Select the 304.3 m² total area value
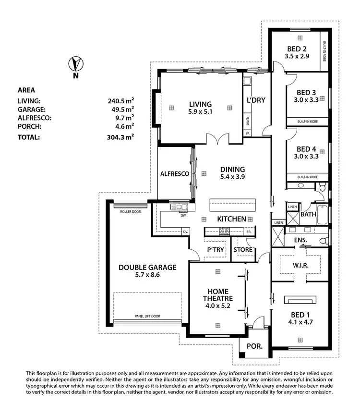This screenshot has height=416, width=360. point(120,137)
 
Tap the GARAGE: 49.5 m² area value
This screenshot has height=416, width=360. point(120,110)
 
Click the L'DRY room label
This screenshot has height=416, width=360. point(256,100)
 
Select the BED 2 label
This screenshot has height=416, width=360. point(297,49)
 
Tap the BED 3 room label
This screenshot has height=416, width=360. point(306,92)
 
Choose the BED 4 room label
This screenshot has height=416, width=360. point(306,149)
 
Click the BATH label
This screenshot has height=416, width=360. point(308,214)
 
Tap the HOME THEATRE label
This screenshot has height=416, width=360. point(220,295)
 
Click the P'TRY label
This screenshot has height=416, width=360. point(216,250)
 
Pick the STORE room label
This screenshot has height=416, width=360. point(242,250)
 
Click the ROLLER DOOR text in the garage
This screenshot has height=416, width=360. point(130,211)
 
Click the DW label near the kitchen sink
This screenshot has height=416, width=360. point(183,216)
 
